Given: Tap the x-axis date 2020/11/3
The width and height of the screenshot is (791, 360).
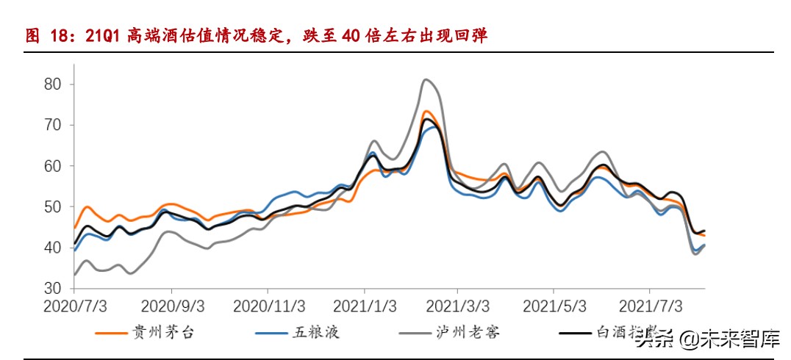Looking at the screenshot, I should point(270,304).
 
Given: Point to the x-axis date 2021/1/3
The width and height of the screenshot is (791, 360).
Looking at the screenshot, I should point(366,304).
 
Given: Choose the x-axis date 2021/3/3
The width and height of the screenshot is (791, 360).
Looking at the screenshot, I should point(457,304).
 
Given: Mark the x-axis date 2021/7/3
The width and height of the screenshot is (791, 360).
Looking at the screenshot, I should point(650,304).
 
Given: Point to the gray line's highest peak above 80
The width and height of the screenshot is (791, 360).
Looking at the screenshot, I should point(426,79).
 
